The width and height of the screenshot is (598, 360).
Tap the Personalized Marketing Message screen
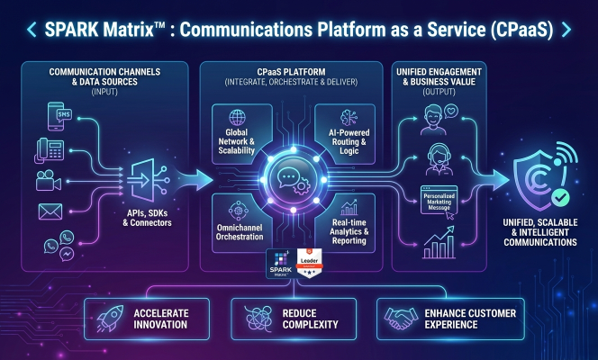(x=439, y=199)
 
